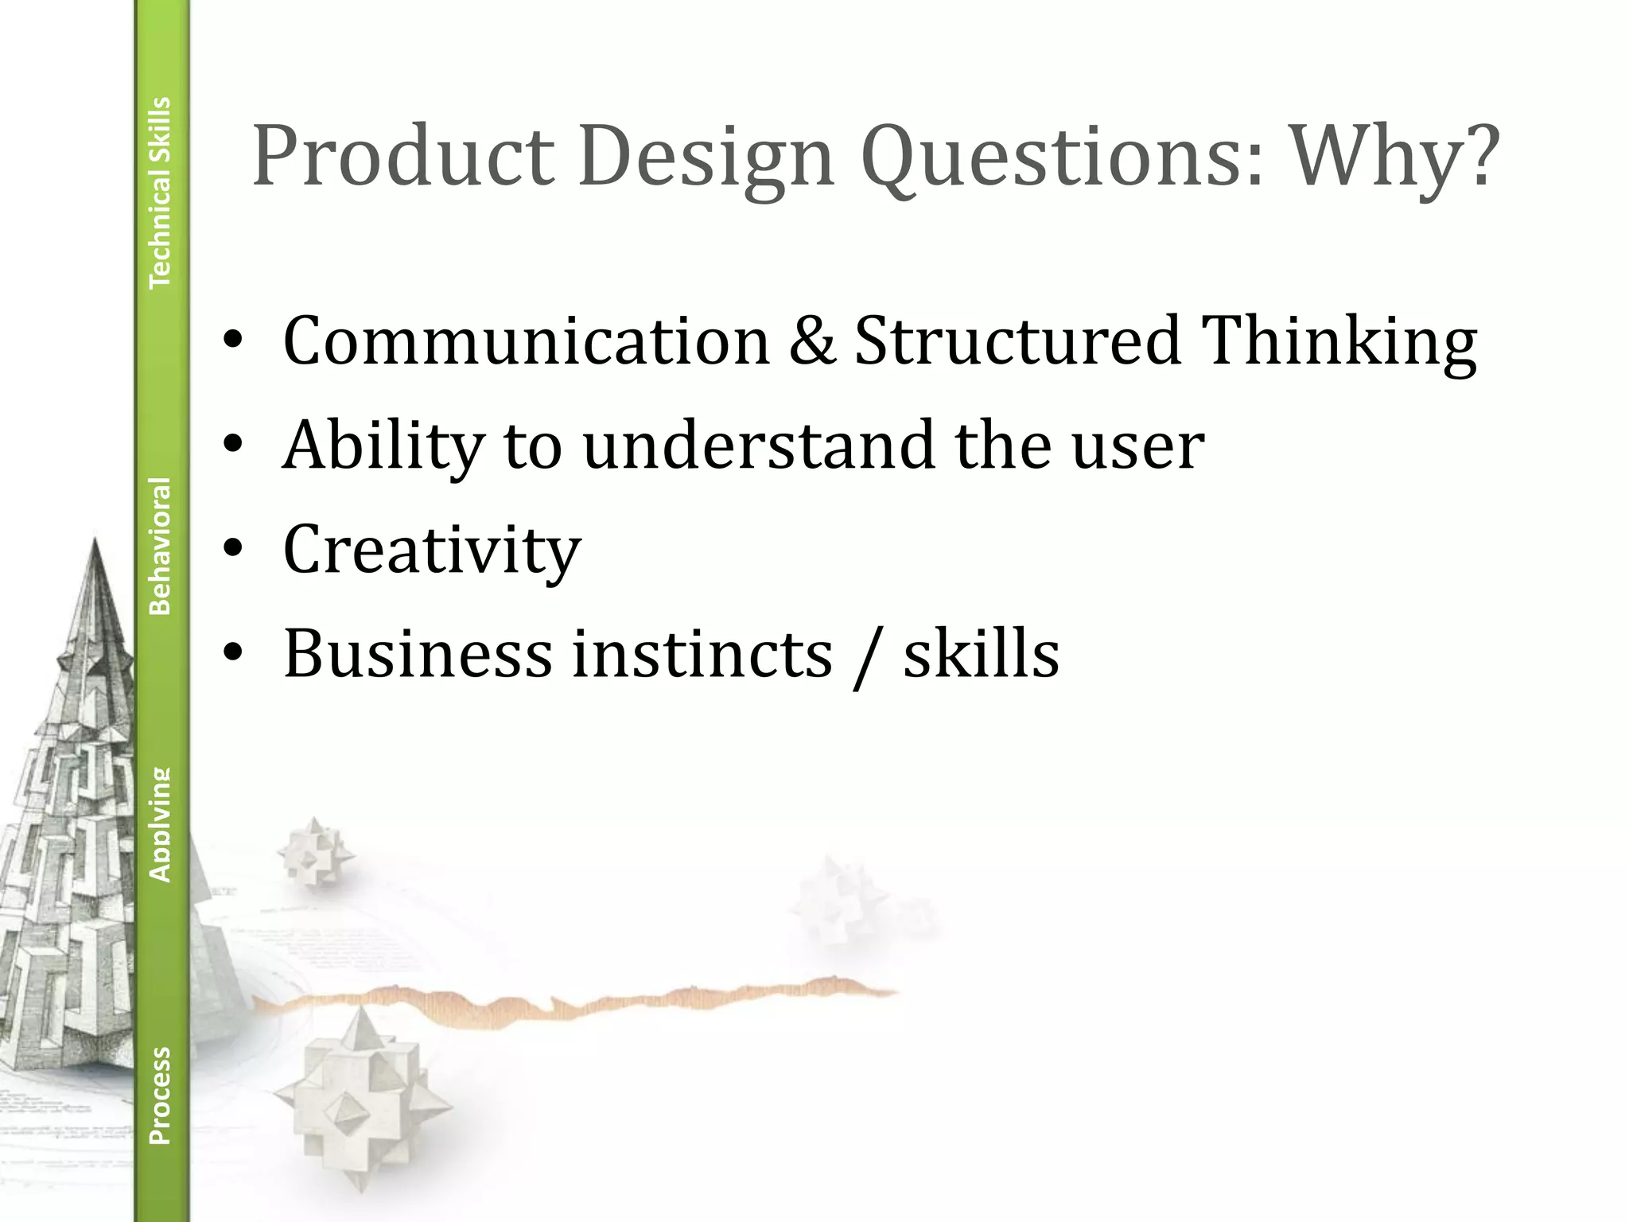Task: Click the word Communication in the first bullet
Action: coord(526,341)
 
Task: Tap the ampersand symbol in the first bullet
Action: coord(811,341)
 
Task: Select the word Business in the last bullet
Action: coord(418,654)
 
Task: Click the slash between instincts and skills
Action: coord(866,657)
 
